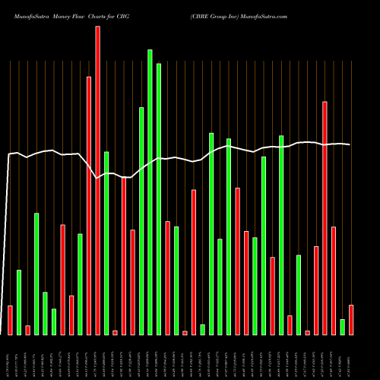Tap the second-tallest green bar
[159, 198]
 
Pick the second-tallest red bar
[89, 205]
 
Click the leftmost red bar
[10, 320]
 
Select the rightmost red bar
[351, 319]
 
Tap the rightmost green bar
[343, 327]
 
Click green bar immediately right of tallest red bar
[106, 243]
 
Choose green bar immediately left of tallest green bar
[141, 220]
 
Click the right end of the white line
[350, 144]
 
